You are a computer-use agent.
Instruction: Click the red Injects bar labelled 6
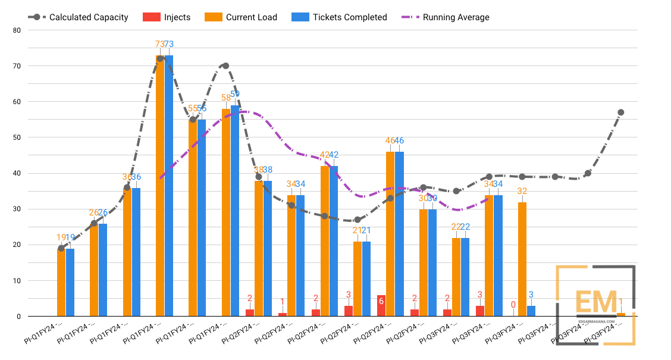click(381, 306)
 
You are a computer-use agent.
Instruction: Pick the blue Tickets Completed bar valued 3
click(531, 311)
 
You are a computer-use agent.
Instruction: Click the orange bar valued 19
click(61, 283)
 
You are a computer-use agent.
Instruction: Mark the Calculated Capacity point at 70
click(225, 66)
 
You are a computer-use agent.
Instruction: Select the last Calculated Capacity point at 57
click(620, 112)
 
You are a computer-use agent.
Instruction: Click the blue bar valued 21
click(366, 278)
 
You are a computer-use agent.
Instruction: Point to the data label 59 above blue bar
click(235, 94)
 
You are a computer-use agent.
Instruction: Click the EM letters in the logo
click(597, 302)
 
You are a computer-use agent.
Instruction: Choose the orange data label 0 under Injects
click(514, 305)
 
